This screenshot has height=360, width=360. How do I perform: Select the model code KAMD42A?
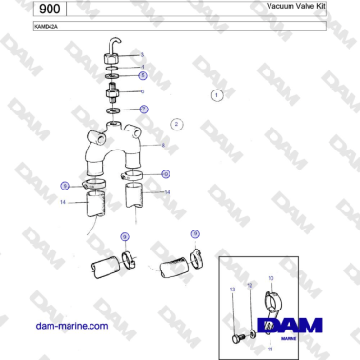[19, 28]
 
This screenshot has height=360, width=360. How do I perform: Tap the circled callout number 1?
[216, 95]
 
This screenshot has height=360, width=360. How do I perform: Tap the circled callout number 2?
[176, 124]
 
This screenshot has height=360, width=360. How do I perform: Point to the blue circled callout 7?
[143, 110]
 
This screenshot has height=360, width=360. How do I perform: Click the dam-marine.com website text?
[71, 326]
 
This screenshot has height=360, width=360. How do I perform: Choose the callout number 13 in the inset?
[231, 289]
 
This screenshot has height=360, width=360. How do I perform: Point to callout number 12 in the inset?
[250, 284]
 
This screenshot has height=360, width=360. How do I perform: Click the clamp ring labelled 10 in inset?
[270, 303]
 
